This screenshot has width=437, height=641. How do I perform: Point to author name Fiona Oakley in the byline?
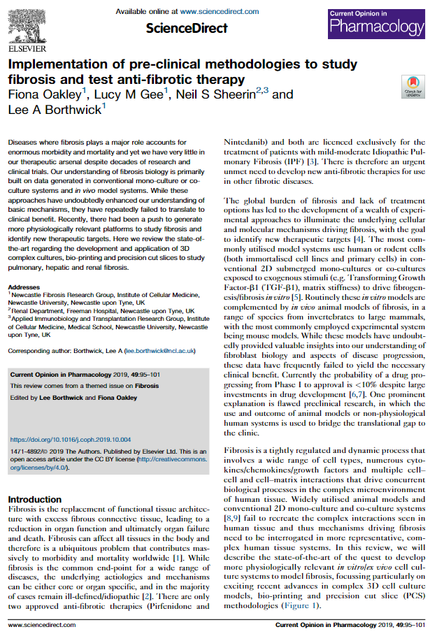pyautogui.click(x=45, y=94)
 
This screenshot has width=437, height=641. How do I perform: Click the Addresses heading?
pyautogui.click(x=24, y=287)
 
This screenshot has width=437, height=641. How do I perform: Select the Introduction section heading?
pyautogui.click(x=34, y=500)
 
